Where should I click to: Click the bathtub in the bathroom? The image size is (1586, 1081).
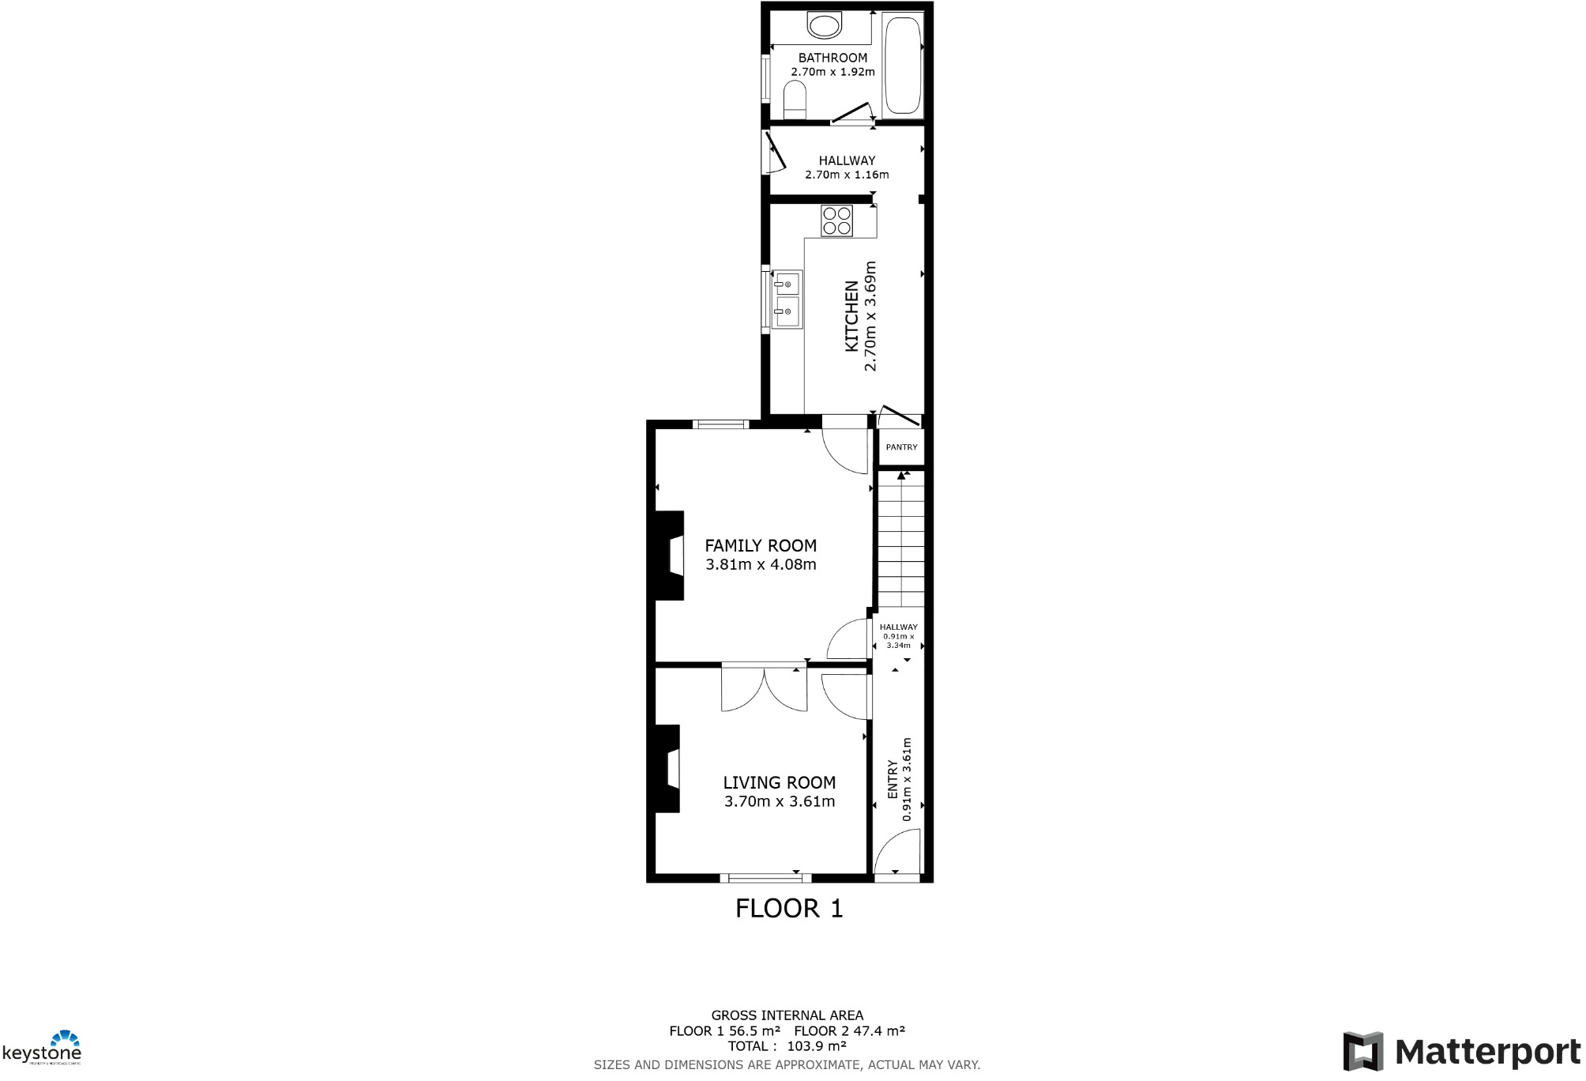point(903,66)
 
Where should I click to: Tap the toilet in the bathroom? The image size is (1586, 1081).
point(795,101)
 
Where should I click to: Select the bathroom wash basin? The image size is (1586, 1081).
point(824,25)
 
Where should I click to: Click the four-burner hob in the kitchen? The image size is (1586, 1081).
point(837,220)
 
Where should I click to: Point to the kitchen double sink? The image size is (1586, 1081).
point(787,298)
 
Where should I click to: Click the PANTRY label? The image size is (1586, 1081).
point(901,447)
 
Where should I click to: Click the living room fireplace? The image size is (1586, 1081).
point(668,768)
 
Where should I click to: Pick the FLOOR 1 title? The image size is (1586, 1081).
point(789,909)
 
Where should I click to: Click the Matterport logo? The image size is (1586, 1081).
point(1462,1052)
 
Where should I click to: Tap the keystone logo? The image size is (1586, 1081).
point(43,1049)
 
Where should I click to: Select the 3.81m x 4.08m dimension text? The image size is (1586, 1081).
point(761,565)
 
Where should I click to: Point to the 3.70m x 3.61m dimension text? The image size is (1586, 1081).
point(780,801)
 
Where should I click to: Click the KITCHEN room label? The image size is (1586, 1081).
point(851,316)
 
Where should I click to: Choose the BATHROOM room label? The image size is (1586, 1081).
point(832,58)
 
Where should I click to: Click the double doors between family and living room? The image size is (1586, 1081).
point(764,687)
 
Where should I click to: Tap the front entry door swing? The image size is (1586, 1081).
point(896,853)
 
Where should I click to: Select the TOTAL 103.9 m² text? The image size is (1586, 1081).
point(787,1046)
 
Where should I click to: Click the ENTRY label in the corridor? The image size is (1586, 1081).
point(893,779)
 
